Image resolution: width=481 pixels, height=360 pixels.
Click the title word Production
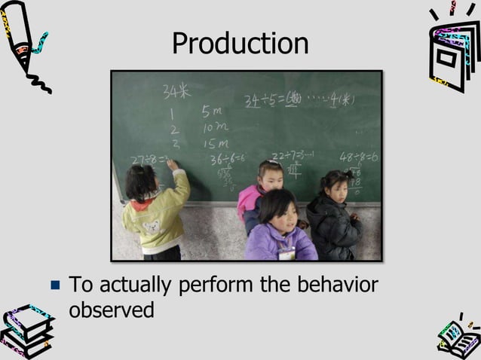240,44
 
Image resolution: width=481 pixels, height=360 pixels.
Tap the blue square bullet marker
54,286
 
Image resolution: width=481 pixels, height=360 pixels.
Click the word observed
112,309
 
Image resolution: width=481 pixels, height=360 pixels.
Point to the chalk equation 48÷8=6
358,157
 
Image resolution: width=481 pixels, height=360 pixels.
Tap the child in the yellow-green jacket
156,215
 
